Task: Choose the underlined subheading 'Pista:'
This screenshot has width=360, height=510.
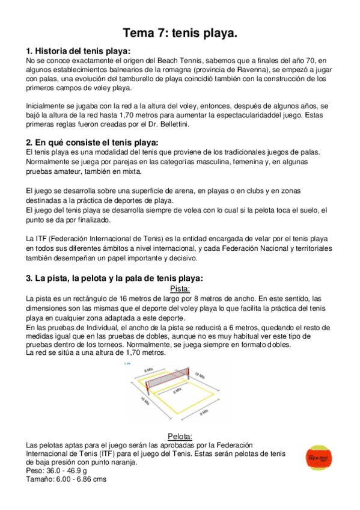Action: (x=180, y=289)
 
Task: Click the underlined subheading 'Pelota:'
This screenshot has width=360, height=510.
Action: (x=180, y=436)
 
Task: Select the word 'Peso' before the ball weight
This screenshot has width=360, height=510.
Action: (x=35, y=471)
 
